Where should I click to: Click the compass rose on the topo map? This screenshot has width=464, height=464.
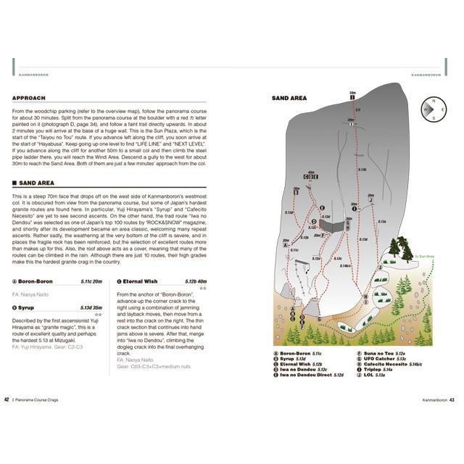[x=434, y=108]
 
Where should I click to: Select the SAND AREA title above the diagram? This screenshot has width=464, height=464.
[x=289, y=98]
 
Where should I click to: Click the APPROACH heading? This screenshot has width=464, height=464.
[x=29, y=98]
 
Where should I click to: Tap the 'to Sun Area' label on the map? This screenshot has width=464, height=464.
[x=425, y=256]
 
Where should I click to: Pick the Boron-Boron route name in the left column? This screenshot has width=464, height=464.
[x=35, y=281]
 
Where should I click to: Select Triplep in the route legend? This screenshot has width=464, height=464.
[x=382, y=369]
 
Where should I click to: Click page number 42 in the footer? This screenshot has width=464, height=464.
[x=7, y=399]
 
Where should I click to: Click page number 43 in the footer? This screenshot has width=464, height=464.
[x=452, y=399]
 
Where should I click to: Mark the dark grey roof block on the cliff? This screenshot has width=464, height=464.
[x=333, y=226]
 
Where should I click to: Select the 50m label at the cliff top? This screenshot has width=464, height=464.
[x=352, y=94]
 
